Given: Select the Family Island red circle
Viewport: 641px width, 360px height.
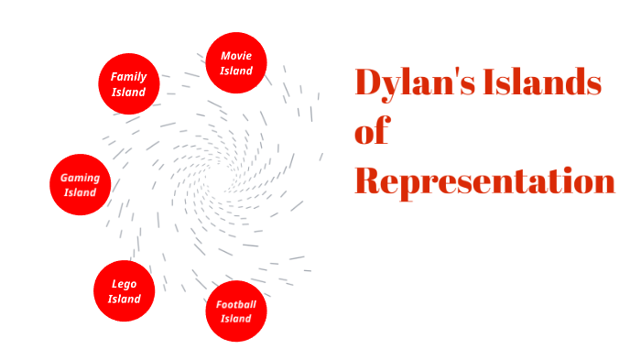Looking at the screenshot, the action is point(129,84).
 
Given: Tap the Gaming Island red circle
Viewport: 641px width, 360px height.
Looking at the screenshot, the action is point(80,184).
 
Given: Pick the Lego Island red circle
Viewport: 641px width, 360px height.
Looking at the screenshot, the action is point(124,291).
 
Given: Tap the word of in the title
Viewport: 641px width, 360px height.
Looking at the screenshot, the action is point(372,133).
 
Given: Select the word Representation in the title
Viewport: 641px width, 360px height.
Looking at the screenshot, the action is point(484,181).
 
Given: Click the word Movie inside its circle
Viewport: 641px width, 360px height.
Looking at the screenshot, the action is point(236,56).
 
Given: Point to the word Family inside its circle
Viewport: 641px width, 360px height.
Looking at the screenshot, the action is point(129,77).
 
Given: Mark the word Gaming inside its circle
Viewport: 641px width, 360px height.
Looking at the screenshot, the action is point(80,177).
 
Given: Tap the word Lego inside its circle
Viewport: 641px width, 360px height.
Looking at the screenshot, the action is point(124,284).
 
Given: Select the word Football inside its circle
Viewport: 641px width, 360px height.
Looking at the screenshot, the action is point(236,304).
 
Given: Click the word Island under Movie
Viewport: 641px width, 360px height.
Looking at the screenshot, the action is point(236,71).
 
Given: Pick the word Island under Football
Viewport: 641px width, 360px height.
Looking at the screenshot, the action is point(236,319).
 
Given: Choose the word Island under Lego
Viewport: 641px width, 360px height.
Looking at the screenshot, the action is point(124,299).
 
